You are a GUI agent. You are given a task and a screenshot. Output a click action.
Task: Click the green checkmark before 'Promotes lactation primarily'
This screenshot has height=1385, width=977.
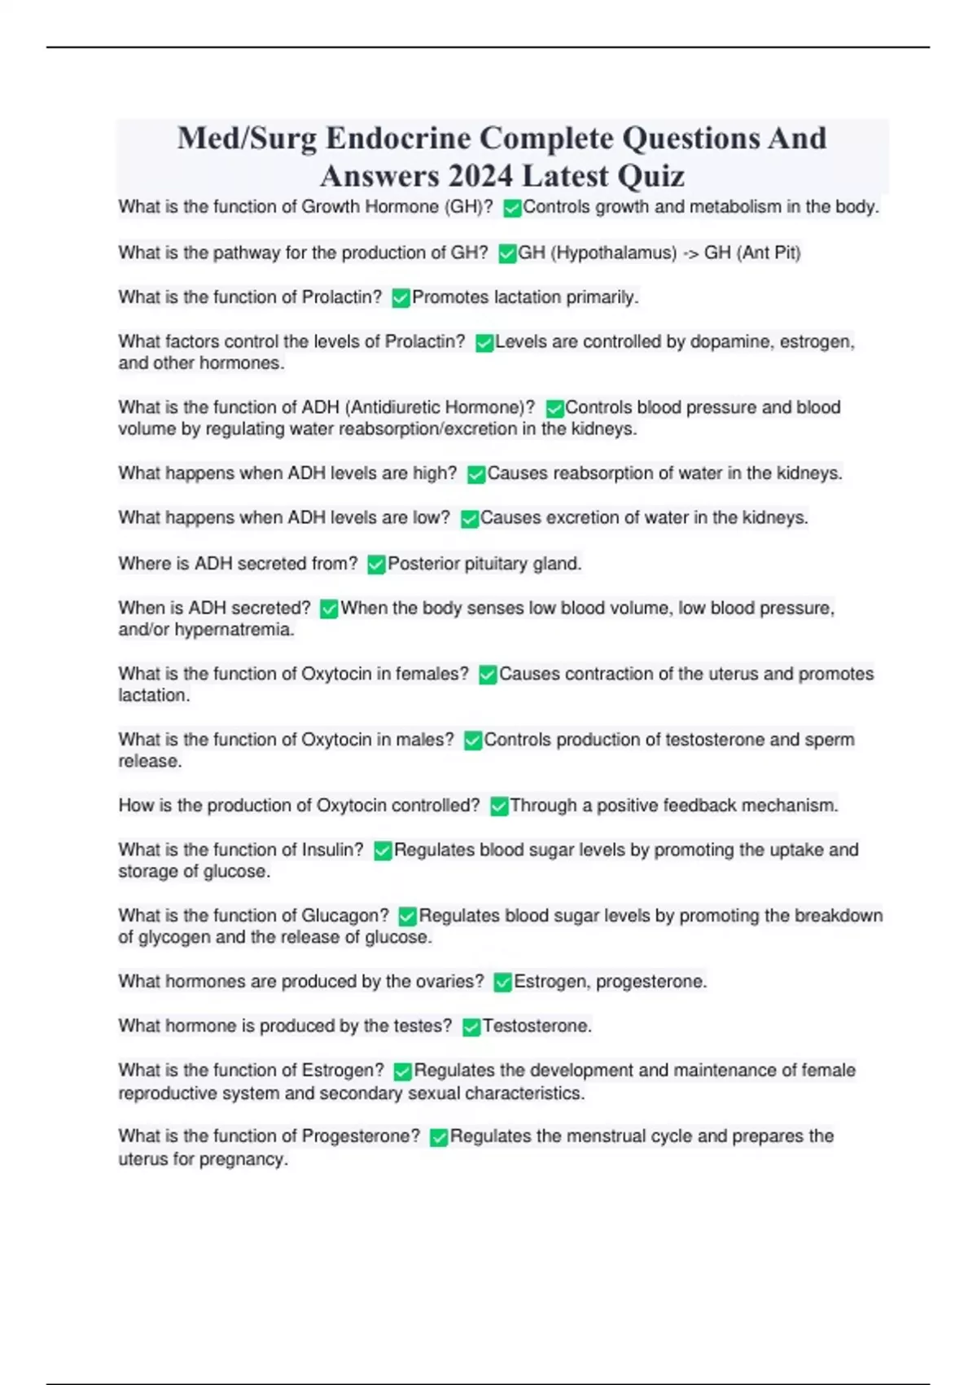pos(401,298)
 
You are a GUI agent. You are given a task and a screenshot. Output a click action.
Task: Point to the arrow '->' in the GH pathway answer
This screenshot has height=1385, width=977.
pos(690,253)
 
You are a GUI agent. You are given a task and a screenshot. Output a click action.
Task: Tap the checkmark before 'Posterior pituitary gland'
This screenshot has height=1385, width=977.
pos(376,565)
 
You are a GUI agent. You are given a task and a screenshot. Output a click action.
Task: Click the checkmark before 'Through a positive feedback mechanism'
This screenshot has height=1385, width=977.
pos(498,807)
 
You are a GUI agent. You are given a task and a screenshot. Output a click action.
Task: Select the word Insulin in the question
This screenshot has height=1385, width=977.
pos(332,850)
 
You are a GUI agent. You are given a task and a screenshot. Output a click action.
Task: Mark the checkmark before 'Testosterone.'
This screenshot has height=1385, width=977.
pos(471,1027)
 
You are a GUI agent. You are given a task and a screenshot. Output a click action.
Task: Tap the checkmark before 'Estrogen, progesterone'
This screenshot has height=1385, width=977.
pos(502,983)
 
